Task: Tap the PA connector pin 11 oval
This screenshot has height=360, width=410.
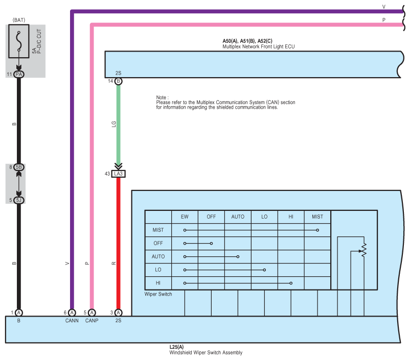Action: pyautogui.click(x=19, y=74)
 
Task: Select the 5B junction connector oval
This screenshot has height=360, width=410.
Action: pyautogui.click(x=19, y=167)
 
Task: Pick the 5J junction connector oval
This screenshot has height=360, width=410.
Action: pyautogui.click(x=19, y=200)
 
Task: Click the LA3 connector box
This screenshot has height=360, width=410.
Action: pyautogui.click(x=119, y=174)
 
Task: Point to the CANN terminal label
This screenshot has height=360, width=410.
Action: pyautogui.click(x=72, y=321)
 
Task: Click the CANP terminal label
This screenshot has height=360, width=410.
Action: pyautogui.click(x=92, y=321)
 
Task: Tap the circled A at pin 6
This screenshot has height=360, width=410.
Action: pyautogui.click(x=72, y=313)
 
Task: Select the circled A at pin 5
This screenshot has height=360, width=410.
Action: pyautogui.click(x=92, y=313)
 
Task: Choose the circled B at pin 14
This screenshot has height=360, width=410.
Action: pyautogui.click(x=119, y=81)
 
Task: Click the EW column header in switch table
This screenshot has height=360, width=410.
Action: pyautogui.click(x=185, y=217)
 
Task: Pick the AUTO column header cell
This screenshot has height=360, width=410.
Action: pyautogui.click(x=238, y=217)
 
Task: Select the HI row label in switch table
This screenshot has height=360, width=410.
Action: pyautogui.click(x=158, y=283)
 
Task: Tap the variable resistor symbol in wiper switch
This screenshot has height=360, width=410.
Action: pyautogui.click(x=363, y=249)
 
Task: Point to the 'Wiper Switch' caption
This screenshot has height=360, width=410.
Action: pyautogui.click(x=158, y=294)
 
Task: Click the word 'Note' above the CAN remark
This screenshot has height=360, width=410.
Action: pyautogui.click(x=162, y=97)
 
